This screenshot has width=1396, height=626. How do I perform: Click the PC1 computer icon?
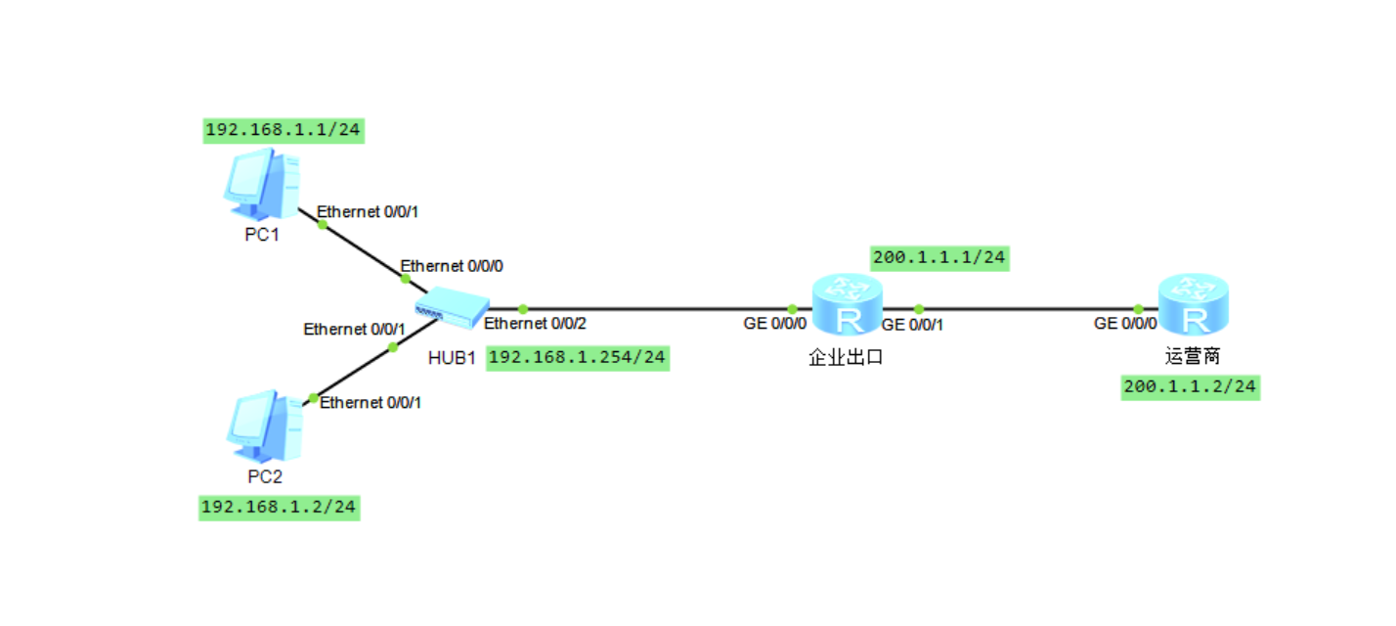[263, 184]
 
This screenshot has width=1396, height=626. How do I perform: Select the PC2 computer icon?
[265, 425]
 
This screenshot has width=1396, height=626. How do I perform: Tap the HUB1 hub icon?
[449, 307]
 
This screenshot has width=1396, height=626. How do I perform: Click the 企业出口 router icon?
[847, 306]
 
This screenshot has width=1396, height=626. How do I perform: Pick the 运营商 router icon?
[1192, 306]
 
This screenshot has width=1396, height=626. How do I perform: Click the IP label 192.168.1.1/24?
[284, 130]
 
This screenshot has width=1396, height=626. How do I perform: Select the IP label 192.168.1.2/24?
[280, 507]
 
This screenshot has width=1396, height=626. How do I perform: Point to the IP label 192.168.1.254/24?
[577, 357]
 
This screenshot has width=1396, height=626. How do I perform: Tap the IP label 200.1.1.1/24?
[939, 257]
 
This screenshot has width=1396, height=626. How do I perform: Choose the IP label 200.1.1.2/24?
[1190, 387]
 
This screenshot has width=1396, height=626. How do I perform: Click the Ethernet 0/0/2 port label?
[536, 324]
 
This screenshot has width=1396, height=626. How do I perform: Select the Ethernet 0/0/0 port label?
[452, 265]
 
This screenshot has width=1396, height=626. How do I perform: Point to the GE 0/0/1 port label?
[912, 325]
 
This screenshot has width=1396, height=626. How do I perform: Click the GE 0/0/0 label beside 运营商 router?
[1125, 323]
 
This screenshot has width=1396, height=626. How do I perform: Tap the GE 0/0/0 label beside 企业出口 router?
[775, 324]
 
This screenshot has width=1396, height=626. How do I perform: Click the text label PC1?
[263, 234]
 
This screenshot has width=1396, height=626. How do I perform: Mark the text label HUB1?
[452, 357]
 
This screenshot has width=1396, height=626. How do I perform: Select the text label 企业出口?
[846, 357]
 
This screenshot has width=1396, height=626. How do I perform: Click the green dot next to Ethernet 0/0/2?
[523, 308]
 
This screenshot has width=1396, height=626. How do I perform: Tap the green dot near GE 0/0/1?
[918, 308]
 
